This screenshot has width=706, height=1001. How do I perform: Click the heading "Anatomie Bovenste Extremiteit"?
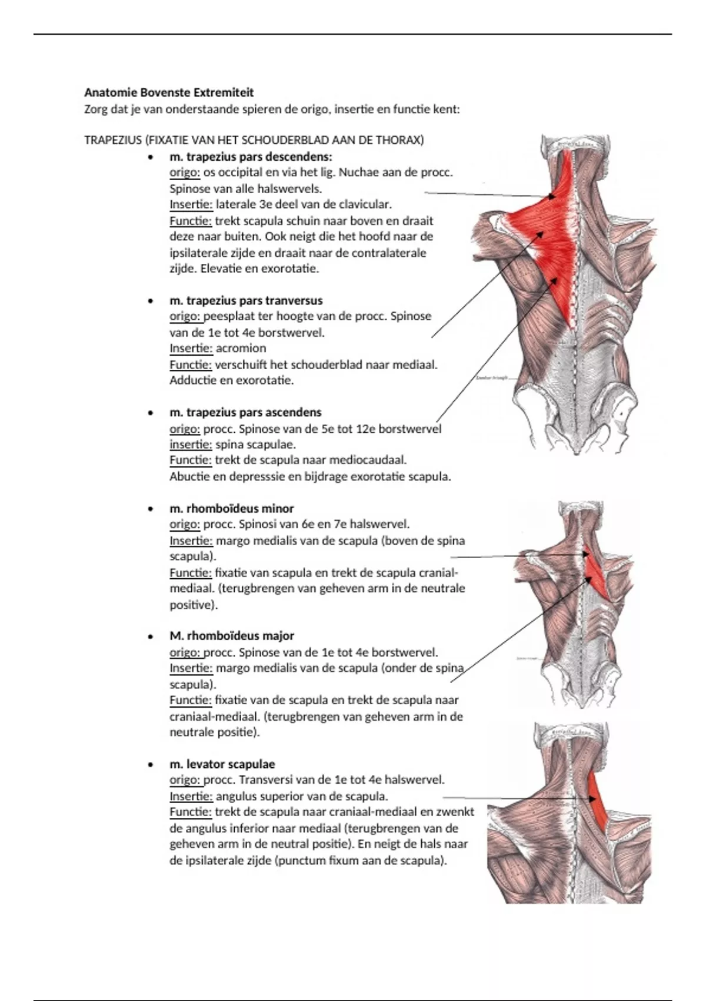[x=169, y=92]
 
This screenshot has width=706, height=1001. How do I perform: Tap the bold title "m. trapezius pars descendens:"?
[x=251, y=157]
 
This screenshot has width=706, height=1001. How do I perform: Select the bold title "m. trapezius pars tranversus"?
[x=246, y=300]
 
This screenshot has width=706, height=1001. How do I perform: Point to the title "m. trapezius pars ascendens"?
[x=245, y=412]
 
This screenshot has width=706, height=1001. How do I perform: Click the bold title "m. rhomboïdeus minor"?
[x=231, y=508]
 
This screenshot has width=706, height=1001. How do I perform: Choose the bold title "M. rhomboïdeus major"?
[x=231, y=636]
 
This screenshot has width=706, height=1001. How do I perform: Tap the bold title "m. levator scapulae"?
[x=222, y=764]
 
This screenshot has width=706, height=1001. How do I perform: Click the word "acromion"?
[x=241, y=348]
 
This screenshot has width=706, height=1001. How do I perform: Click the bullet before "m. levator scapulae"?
[x=152, y=765]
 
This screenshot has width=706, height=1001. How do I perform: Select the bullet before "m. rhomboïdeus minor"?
[x=152, y=509]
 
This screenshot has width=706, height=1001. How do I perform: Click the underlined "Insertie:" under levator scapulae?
[x=191, y=797]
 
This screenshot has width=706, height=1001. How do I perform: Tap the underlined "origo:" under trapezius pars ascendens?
[x=185, y=429]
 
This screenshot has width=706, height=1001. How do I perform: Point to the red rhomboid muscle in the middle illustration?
[x=595, y=574]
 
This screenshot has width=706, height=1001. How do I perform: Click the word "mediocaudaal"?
[x=368, y=460]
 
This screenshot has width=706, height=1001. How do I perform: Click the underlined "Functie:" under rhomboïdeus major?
[x=191, y=700]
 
